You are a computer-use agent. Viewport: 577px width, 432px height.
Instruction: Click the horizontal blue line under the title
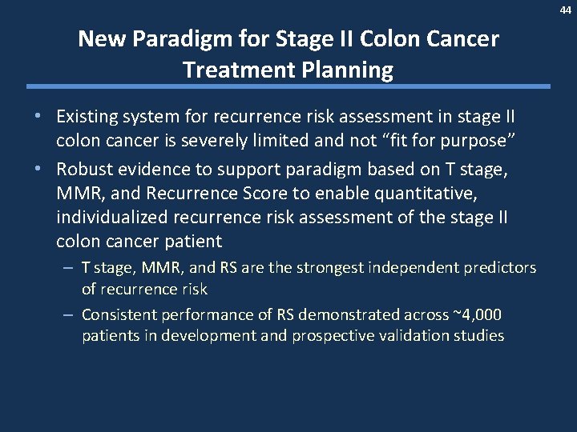point(288,86)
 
